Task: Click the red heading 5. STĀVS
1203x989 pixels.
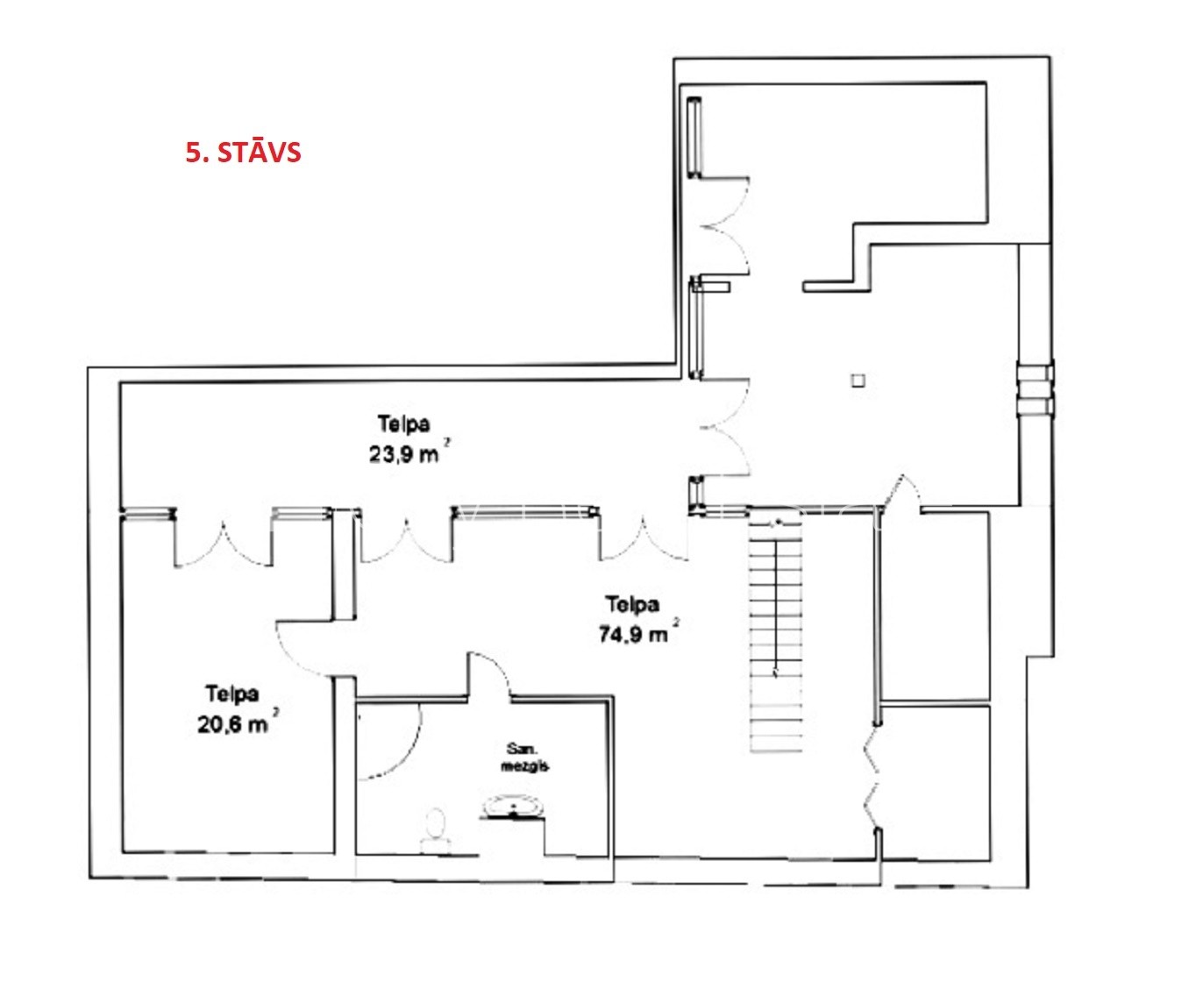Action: tap(244, 153)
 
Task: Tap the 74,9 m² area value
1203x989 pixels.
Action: tap(637, 632)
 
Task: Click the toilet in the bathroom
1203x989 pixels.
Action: tap(436, 829)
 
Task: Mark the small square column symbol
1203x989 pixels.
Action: tap(858, 381)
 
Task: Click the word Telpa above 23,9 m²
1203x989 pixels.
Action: tap(404, 423)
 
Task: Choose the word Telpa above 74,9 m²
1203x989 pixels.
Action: tap(632, 603)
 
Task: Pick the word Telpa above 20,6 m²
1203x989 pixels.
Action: tap(232, 694)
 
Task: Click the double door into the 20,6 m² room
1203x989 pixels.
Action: tap(223, 544)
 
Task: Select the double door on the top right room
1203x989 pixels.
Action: tap(724, 225)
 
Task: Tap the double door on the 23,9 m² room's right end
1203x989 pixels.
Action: tap(724, 427)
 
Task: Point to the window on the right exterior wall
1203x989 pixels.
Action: tap(1036, 388)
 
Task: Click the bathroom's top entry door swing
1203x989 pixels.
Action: tap(489, 673)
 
